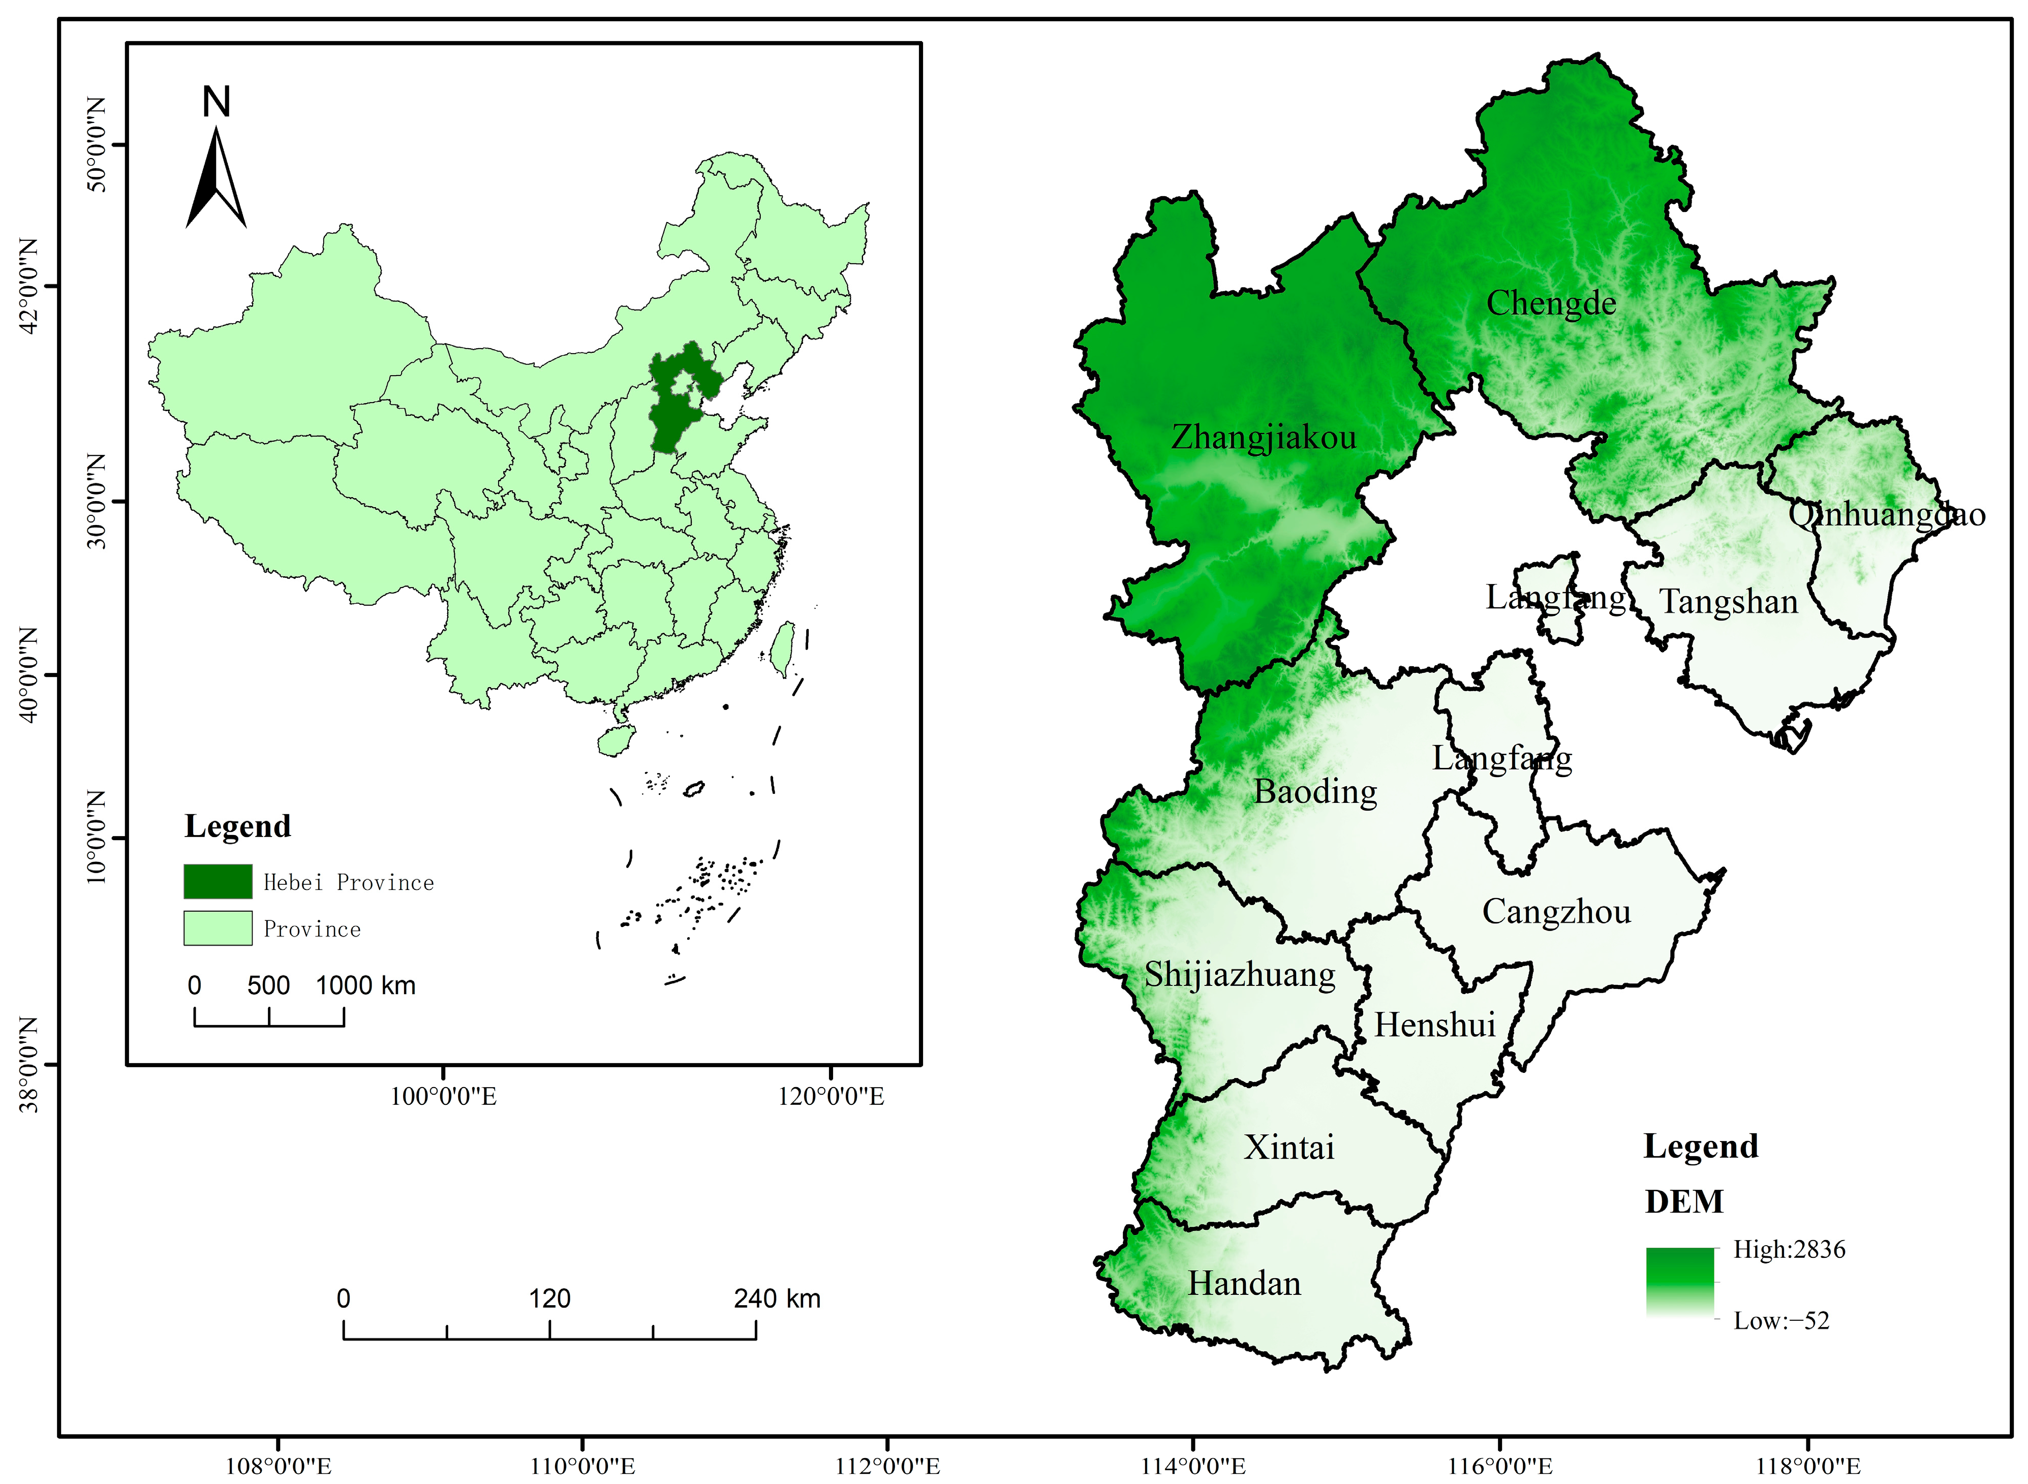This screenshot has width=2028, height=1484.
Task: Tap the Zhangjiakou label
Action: (1263, 438)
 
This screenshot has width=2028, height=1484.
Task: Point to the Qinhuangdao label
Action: (1886, 515)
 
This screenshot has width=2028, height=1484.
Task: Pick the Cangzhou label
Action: (1556, 912)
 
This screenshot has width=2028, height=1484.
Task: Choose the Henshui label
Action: (1434, 1025)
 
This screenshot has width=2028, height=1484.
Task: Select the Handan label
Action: (1244, 1284)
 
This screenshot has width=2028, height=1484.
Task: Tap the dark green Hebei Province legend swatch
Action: (218, 881)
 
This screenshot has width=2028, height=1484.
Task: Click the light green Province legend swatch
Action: (218, 928)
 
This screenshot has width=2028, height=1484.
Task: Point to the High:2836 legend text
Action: (1788, 1250)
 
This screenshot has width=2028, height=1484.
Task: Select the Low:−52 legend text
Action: (1780, 1320)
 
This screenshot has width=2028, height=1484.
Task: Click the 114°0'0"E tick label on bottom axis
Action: (1193, 1467)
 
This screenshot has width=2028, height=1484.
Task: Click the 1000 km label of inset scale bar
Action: (365, 985)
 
